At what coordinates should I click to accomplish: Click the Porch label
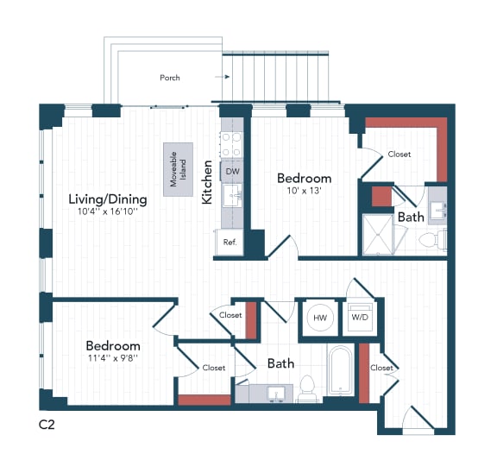[170, 78]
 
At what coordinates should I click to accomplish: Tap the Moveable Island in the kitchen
[180, 166]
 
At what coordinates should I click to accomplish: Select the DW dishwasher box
[232, 172]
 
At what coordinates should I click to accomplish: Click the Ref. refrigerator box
[230, 243]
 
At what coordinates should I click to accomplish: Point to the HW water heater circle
[320, 318]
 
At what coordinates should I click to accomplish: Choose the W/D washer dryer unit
[358, 317]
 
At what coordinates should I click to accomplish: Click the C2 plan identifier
[47, 425]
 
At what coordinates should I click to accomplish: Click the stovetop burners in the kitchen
[232, 144]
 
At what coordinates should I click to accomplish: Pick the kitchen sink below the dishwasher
[232, 198]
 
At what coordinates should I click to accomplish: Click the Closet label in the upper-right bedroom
[399, 155]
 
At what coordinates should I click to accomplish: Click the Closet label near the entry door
[381, 368]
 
